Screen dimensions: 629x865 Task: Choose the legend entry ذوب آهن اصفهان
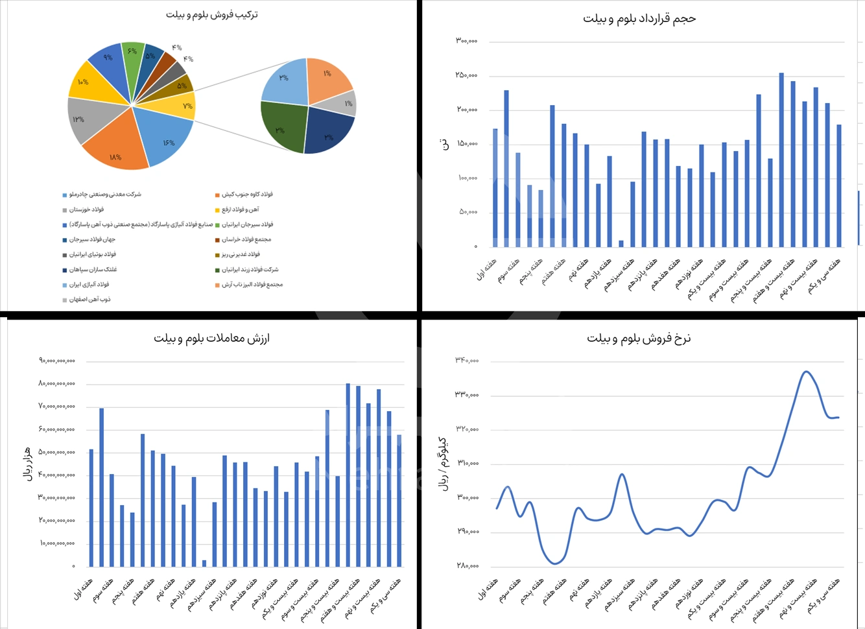(90, 300)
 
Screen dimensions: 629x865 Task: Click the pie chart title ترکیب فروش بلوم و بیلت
(211, 14)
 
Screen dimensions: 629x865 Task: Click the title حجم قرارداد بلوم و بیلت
(639, 19)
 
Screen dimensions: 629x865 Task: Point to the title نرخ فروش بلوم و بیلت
(639, 338)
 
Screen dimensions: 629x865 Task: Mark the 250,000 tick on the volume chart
(466, 75)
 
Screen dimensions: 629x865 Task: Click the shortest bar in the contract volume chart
(621, 243)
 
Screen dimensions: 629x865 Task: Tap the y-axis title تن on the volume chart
(445, 145)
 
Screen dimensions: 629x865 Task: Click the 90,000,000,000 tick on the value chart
(57, 361)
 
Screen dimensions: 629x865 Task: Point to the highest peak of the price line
(806, 372)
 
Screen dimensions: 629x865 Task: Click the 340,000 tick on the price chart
(467, 361)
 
